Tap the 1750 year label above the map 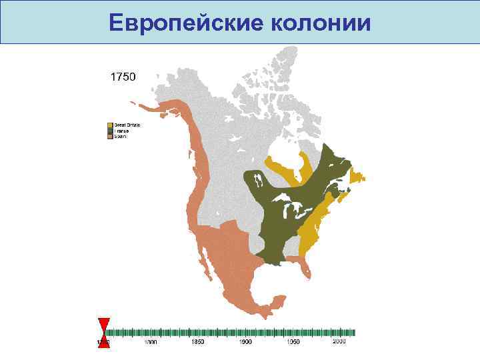point(123,77)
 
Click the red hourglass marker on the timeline point(103,333)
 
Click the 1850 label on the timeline point(198,342)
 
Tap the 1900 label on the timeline point(245,342)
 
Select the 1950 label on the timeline point(292,342)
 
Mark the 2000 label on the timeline point(339,342)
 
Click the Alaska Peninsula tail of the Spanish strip point(143,106)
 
